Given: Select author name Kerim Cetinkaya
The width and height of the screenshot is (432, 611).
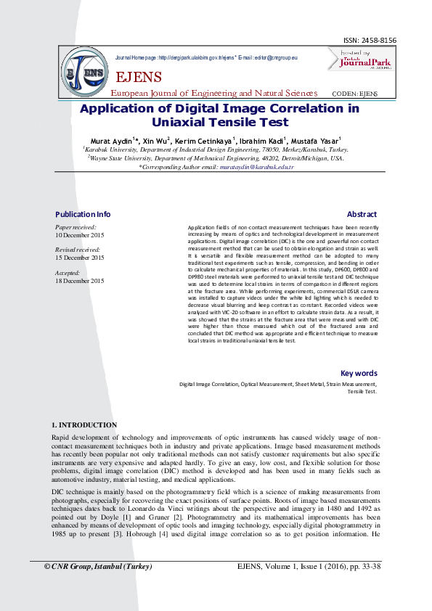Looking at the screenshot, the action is tap(205, 140).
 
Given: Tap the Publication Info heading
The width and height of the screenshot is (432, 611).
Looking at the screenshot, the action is tap(83, 214).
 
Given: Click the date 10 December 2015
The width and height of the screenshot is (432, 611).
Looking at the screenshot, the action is tap(79, 236).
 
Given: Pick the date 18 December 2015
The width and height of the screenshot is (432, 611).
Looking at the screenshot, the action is tap(79, 280).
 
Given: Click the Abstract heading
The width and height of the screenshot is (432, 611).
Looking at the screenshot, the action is tap(362, 214).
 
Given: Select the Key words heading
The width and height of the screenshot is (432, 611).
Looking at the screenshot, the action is tap(359, 373).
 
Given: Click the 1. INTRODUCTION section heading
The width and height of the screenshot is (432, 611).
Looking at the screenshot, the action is tap(84, 425).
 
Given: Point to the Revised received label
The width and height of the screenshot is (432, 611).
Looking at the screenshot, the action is tap(77, 250).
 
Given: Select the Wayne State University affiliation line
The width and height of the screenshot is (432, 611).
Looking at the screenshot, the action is tap(216, 157).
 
